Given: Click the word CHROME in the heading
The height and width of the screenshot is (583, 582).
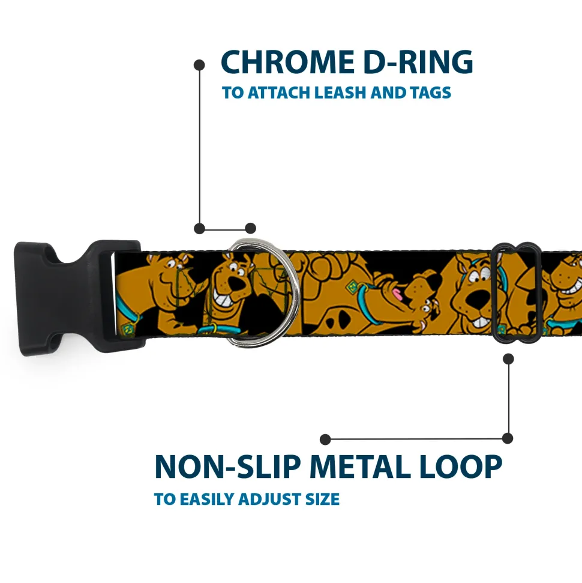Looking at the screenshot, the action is pos(287,62).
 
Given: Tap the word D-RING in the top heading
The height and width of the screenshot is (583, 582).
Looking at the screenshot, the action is pos(418,62).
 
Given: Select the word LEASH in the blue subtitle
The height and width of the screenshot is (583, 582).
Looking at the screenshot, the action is pos(340,92).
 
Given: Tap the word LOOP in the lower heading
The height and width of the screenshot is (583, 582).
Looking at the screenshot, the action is pos(461,467).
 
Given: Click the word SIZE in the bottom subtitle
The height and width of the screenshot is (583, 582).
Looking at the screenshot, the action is pos(322,499).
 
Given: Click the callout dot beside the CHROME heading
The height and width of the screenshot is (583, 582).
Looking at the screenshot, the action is pos(200,65).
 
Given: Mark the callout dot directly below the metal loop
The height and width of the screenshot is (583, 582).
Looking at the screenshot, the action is pos(508,359).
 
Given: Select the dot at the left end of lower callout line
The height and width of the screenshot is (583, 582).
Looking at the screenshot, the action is pos(325,439).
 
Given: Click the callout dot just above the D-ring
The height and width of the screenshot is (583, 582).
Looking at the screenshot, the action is pos(250,228).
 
